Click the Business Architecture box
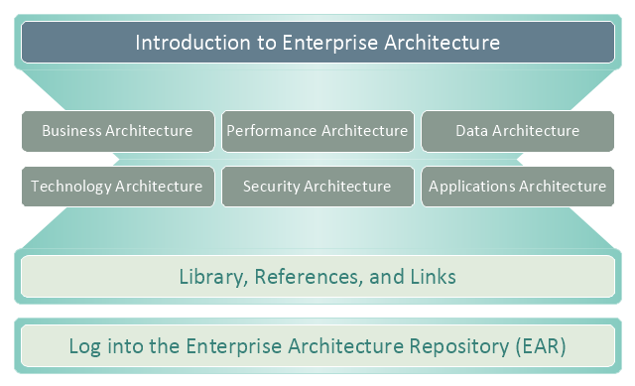118,131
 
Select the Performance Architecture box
317,131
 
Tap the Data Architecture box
518,131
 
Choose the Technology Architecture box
118,187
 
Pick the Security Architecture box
317,187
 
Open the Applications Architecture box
518,187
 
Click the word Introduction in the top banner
192,43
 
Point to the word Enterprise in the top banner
330,44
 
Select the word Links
433,277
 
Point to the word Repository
458,347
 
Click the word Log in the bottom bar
84,347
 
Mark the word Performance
272,131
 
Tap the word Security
271,187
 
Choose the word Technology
70,187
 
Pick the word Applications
472,187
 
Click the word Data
472,131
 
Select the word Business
71,131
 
